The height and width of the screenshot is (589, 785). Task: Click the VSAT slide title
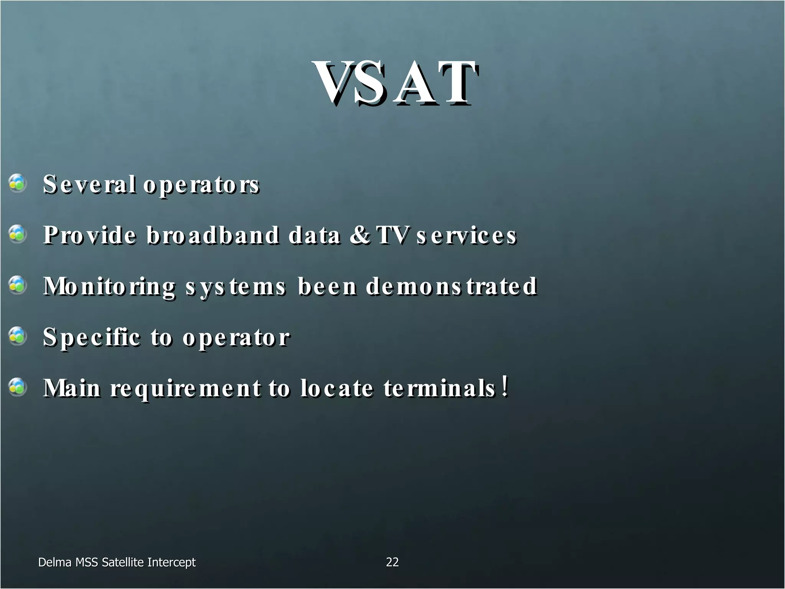click(396, 83)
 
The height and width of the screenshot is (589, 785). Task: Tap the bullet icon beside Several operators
click(17, 183)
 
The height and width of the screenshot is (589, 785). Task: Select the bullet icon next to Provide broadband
click(17, 234)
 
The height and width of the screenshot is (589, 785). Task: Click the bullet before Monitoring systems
click(17, 285)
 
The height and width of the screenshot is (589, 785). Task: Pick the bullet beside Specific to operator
click(17, 336)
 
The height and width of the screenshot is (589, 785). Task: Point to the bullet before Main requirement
click(17, 387)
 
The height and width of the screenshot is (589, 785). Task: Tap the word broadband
click(213, 235)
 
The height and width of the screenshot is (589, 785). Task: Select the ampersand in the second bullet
click(360, 235)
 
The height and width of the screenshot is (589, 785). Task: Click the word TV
click(392, 235)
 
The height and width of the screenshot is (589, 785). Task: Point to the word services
click(466, 236)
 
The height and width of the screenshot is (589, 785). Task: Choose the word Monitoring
click(109, 287)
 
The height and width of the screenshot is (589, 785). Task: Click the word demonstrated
click(451, 286)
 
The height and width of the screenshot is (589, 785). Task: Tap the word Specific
click(92, 338)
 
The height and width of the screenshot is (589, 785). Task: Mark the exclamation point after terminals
click(506, 386)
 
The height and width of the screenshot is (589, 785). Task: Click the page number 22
click(392, 562)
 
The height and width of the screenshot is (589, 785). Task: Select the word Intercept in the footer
click(171, 563)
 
